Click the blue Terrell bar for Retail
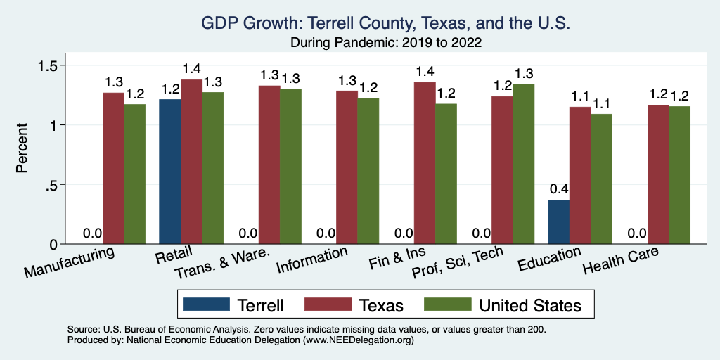coord(169,172)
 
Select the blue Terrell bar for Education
coord(558,221)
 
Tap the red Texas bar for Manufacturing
coord(113,168)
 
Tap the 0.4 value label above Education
coord(558,188)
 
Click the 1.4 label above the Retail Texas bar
coord(191,69)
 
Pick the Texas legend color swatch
coord(328,304)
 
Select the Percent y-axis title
coord(23,149)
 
